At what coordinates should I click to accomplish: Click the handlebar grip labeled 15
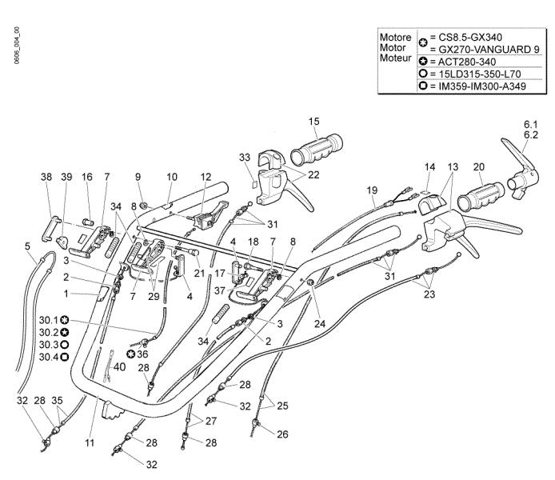[317, 148]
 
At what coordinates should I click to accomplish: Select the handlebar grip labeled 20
[481, 196]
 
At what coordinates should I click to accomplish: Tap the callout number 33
[245, 157]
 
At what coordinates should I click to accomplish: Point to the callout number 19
[372, 190]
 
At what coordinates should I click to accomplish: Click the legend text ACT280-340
[467, 62]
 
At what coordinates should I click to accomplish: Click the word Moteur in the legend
[395, 58]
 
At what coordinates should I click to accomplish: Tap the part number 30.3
[49, 345]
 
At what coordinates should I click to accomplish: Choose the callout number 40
[119, 366]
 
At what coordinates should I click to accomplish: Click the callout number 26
[282, 434]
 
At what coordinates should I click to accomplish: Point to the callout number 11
[90, 442]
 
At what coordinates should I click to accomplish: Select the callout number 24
[320, 323]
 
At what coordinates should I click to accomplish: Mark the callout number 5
[28, 246]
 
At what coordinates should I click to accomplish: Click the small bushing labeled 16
[89, 222]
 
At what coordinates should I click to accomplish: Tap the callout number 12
[206, 177]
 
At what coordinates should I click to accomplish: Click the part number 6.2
[531, 135]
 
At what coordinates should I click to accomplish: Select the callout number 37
[220, 290]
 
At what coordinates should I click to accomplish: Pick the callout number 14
[429, 166]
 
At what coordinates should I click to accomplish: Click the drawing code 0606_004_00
[17, 46]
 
